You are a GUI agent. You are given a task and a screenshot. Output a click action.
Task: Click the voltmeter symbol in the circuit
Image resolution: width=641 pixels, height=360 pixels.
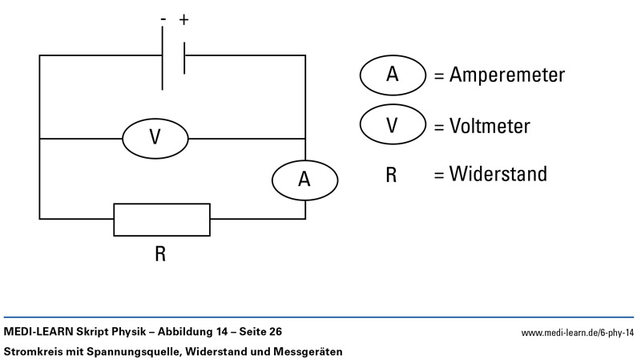(x=155, y=138)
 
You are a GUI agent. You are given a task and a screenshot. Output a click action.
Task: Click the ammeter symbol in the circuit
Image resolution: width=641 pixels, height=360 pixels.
(x=304, y=179)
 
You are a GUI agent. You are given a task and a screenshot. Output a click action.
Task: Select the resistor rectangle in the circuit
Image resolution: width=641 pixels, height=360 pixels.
(x=162, y=219)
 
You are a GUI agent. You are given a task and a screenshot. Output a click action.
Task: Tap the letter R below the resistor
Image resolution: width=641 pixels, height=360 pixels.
(x=160, y=254)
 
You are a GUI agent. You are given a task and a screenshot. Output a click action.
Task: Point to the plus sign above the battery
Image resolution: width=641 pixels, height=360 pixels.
(x=183, y=19)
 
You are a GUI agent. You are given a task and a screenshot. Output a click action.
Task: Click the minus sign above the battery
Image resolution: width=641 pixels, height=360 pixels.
(x=163, y=20)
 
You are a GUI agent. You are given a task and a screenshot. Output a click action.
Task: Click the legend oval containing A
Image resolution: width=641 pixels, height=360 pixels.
(x=393, y=75)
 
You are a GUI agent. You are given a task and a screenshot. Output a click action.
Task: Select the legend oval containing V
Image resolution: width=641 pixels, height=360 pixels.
(x=393, y=125)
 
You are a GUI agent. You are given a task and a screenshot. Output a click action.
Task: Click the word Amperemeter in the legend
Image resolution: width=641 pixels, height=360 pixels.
(x=507, y=75)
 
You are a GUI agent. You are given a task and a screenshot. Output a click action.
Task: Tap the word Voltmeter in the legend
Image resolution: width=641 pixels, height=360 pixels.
(x=490, y=126)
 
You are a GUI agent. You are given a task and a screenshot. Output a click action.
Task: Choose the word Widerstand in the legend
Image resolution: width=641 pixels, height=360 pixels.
(x=498, y=174)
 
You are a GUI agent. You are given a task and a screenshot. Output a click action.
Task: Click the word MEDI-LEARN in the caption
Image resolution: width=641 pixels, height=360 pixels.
(x=37, y=331)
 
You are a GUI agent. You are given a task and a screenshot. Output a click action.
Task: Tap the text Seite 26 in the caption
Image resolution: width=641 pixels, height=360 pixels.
(x=256, y=331)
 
